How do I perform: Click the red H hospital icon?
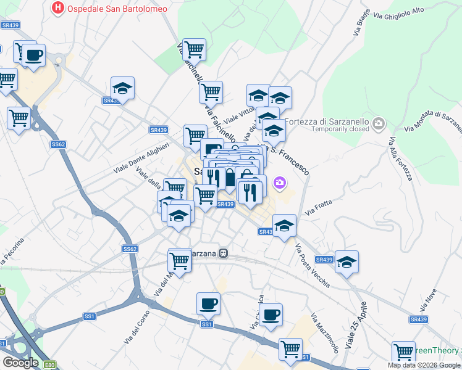58,8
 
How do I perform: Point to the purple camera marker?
280,183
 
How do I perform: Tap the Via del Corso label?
137,326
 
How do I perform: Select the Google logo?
20,363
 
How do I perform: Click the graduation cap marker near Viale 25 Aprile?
346,262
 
